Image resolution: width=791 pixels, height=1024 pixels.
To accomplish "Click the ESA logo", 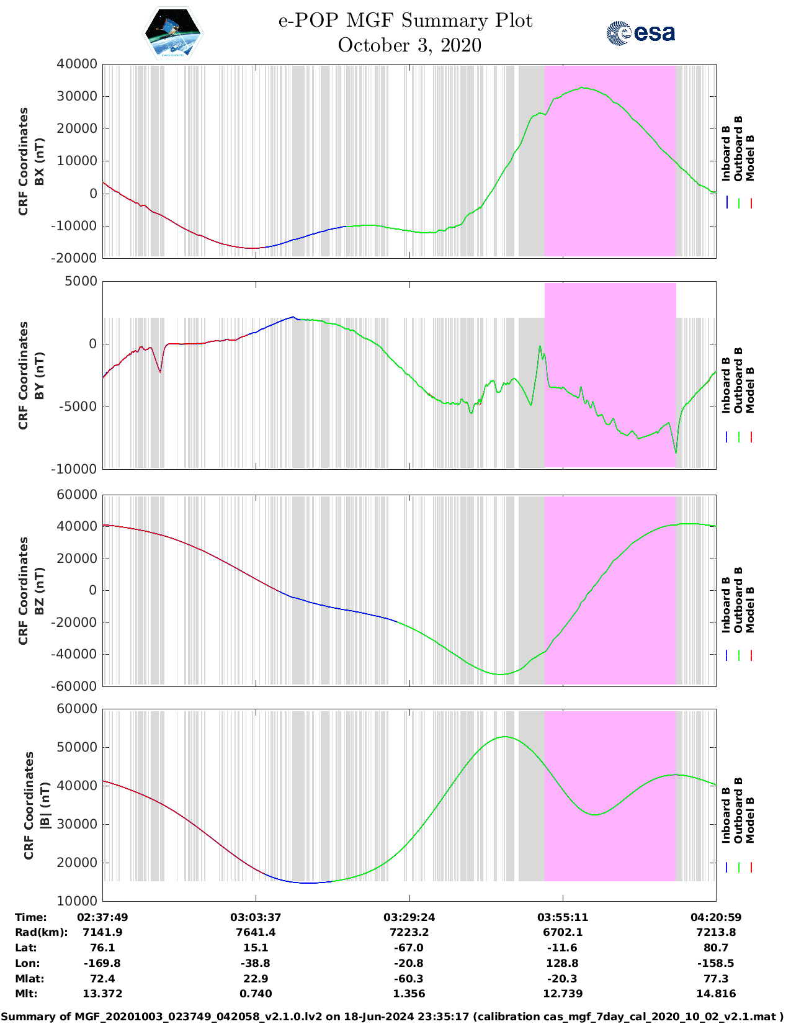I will tap(640, 32).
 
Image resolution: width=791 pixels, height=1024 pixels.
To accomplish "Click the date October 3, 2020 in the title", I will tap(409, 45).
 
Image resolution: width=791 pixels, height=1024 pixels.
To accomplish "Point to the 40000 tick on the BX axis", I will tap(77, 64).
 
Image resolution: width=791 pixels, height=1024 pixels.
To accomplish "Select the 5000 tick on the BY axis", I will tap(81, 281).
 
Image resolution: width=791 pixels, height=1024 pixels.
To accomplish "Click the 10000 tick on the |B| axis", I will tap(77, 901).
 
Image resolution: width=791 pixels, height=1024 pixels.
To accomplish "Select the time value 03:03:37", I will tap(256, 917).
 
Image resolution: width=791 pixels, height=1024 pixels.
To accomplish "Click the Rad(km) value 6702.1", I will tap(563, 932).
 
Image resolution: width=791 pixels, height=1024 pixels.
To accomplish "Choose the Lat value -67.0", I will tap(409, 948).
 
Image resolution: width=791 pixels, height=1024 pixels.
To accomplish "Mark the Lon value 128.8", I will tap(563, 963).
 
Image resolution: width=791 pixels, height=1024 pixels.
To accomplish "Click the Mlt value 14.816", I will tap(716, 994).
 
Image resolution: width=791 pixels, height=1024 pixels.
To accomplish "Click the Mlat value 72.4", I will tap(102, 979).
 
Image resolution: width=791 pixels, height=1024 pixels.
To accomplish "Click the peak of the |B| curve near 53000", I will tap(504, 737).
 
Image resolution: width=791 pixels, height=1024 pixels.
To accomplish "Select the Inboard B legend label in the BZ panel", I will tap(726, 605).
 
